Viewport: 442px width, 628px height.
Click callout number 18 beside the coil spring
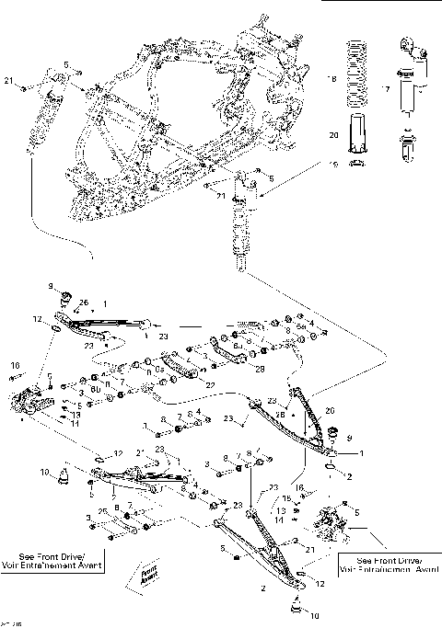(x=333, y=81)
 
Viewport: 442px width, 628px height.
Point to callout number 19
(x=333, y=164)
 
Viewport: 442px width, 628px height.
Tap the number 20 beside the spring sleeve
(x=333, y=135)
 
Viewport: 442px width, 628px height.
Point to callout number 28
(x=260, y=369)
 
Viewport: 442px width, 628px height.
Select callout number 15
(x=286, y=499)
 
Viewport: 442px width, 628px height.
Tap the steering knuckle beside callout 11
(x=33, y=405)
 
